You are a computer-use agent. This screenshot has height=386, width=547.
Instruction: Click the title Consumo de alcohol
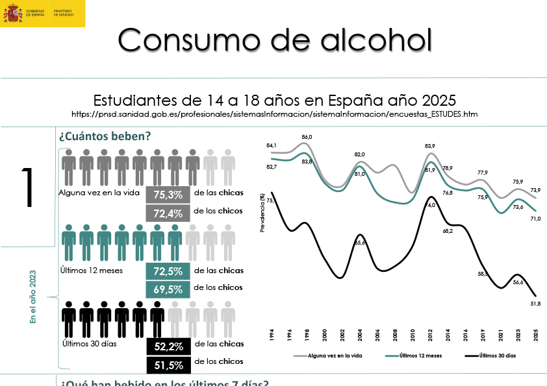(275, 40)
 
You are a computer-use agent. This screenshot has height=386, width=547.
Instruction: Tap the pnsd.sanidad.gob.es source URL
(275, 114)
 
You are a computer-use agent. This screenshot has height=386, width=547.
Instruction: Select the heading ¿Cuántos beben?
(105, 136)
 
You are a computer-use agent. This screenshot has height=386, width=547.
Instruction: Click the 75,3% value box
(168, 194)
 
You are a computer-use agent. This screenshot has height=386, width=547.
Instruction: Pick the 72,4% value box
(168, 211)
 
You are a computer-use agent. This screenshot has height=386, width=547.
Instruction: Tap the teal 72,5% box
(168, 271)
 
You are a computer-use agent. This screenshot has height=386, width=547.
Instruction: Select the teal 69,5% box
(168, 288)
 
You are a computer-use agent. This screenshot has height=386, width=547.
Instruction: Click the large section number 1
(27, 188)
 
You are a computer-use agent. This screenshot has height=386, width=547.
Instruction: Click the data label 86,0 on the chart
(307, 137)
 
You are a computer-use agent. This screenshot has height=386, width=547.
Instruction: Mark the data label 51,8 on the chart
(535, 304)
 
